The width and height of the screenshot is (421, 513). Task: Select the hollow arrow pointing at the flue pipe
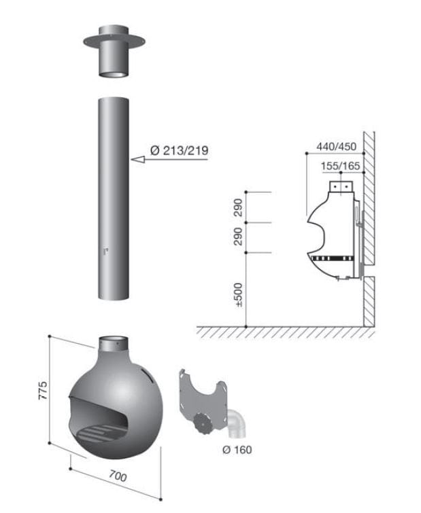144,160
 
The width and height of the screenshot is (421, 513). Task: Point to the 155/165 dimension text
341,165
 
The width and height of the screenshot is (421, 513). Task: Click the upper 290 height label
238,207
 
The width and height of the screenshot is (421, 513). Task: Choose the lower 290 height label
238,237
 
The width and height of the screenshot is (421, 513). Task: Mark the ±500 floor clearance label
238,293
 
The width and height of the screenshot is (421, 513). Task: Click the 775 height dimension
42,392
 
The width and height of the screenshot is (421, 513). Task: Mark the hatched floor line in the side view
286,332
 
